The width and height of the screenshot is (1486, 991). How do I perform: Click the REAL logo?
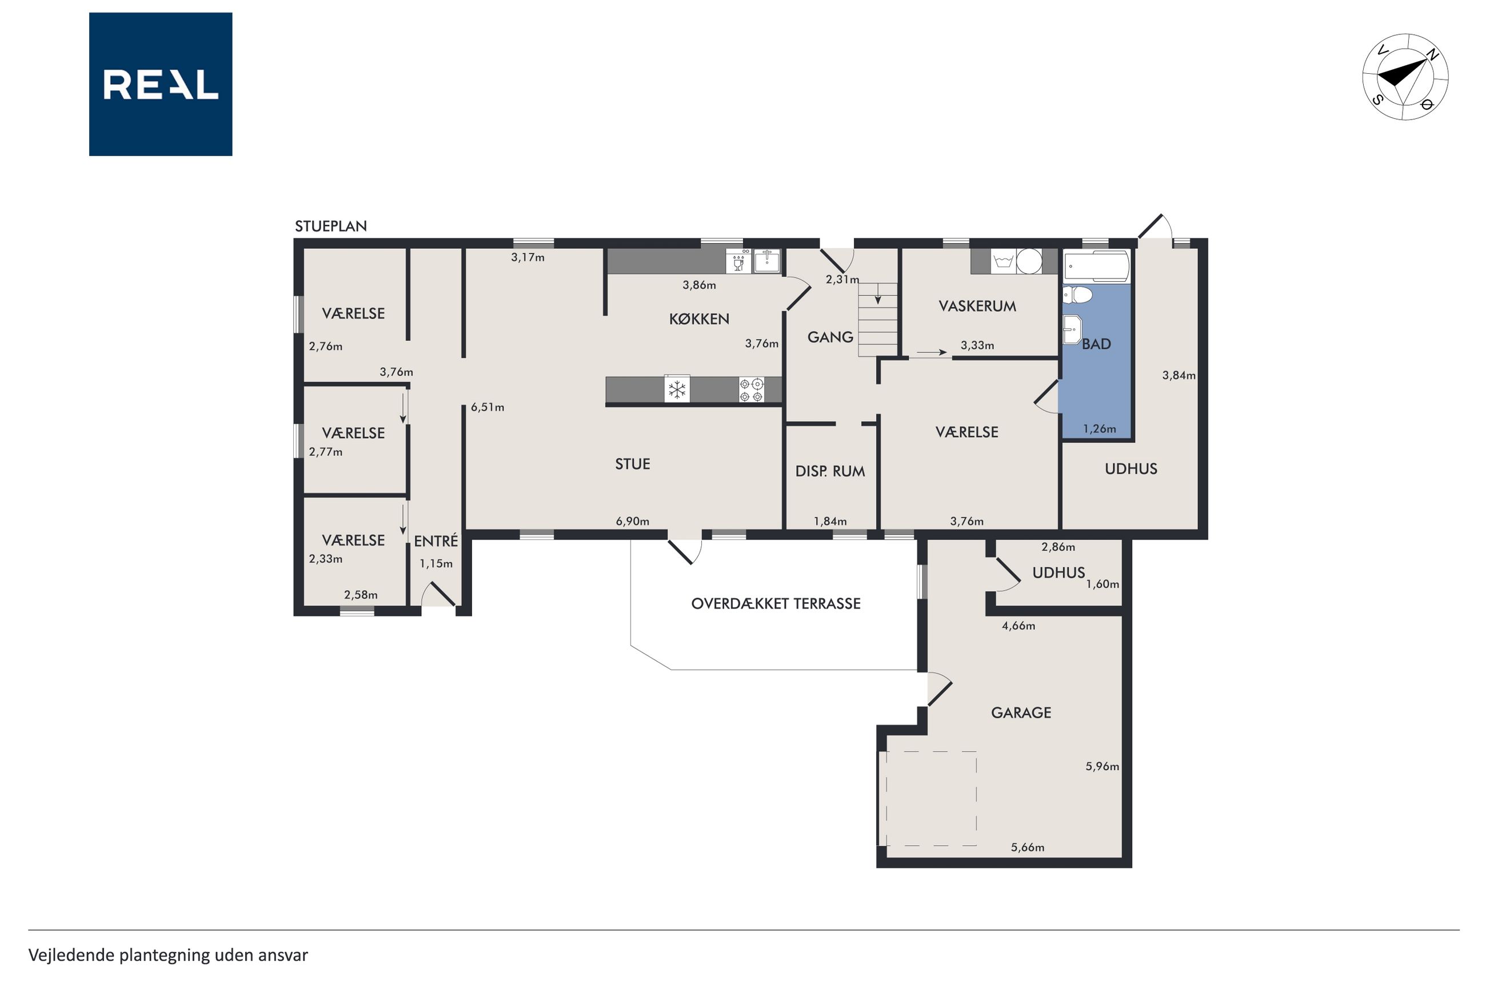coord(161,84)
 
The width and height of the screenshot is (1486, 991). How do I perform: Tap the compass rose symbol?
coord(1405,77)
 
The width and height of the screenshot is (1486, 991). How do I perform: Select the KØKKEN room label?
coord(699,319)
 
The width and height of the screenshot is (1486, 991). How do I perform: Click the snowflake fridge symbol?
coord(677,389)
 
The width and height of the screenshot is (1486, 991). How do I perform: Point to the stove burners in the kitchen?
coord(752,390)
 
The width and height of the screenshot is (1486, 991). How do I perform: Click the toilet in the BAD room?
coord(1077,294)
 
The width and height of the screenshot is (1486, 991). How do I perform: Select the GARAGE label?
coord(1021,713)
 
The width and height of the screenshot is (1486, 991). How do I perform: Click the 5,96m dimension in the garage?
coord(1102,767)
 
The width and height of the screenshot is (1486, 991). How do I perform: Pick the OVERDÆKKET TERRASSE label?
coord(776,603)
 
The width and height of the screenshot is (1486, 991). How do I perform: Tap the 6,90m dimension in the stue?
coord(632,522)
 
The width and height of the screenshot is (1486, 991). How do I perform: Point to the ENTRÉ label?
coord(436,541)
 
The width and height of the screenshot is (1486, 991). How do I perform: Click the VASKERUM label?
coord(977,307)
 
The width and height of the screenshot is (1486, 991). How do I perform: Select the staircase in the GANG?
coord(877,320)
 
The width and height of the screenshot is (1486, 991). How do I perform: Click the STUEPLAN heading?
coord(331,226)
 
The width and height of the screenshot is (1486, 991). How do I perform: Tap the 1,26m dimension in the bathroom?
coord(1100,429)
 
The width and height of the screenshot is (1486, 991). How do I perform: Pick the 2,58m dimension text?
coord(361,595)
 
